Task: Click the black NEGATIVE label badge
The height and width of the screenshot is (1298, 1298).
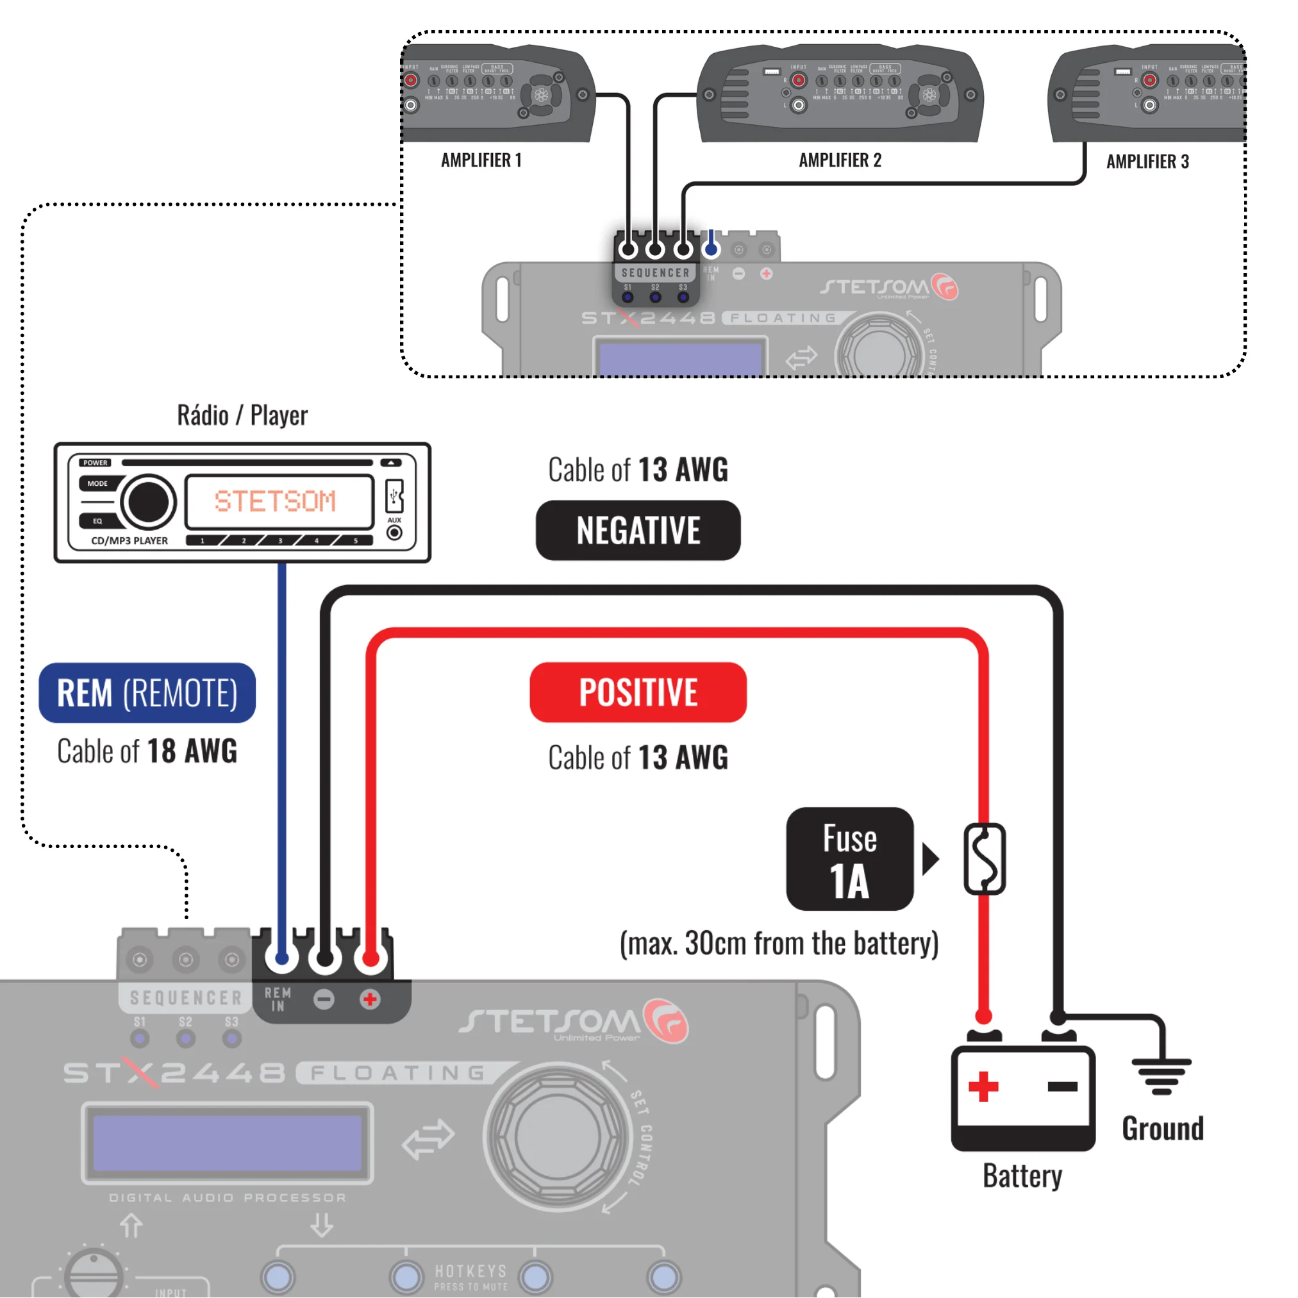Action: pyautogui.click(x=638, y=530)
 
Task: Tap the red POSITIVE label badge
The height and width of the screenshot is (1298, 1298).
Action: pyautogui.click(x=638, y=692)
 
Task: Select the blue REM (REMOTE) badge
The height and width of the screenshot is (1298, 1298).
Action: pyautogui.click(x=147, y=693)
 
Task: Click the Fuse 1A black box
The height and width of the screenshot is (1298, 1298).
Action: pyautogui.click(x=849, y=859)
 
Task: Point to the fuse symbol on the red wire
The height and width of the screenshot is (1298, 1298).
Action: pyautogui.click(x=985, y=859)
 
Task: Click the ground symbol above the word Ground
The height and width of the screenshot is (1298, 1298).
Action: pyautogui.click(x=1161, y=1075)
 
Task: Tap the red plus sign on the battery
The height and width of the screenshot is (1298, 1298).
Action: pyautogui.click(x=983, y=1086)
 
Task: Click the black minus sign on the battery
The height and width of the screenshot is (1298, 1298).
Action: pyautogui.click(x=1062, y=1086)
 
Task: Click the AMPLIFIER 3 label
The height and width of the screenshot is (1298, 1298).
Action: pyautogui.click(x=1147, y=162)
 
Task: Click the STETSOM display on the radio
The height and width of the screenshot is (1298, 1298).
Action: pyautogui.click(x=279, y=501)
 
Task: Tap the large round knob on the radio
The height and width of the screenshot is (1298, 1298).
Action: pyautogui.click(x=149, y=501)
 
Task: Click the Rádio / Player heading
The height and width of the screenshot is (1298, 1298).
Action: pyautogui.click(x=242, y=415)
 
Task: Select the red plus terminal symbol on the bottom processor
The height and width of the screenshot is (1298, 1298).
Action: pyautogui.click(x=369, y=999)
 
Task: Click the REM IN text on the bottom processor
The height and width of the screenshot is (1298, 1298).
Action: pyautogui.click(x=278, y=999)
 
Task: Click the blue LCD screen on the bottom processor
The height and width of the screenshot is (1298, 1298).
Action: pyautogui.click(x=226, y=1142)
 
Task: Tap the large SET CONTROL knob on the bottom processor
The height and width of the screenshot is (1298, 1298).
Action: pyautogui.click(x=557, y=1136)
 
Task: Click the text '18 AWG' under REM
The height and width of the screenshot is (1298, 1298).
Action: pyautogui.click(x=192, y=751)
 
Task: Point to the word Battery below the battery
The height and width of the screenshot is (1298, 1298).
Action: pyautogui.click(x=1022, y=1176)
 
